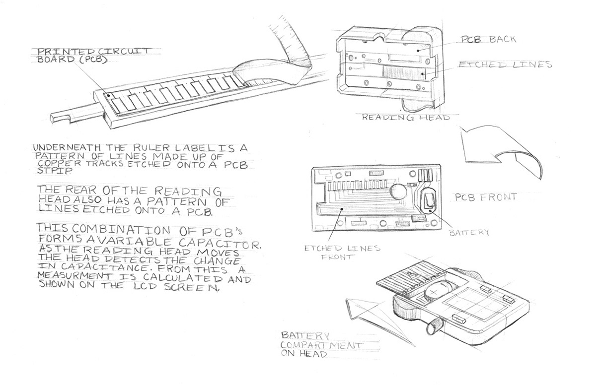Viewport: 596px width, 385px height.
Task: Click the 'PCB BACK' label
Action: (x=482, y=39)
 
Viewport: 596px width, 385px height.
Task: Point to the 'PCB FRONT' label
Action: (x=486, y=197)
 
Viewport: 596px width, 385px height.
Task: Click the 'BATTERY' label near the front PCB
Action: (x=469, y=232)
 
